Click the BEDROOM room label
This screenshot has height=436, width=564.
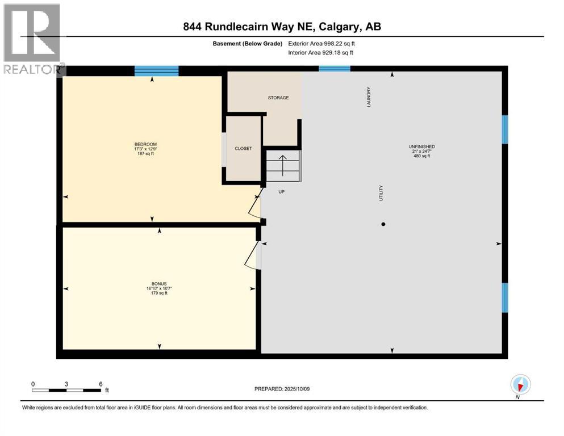pos(142,144)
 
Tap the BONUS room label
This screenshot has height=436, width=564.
pos(159,283)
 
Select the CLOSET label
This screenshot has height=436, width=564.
pos(243,149)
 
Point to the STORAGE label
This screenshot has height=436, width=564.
pos(278,98)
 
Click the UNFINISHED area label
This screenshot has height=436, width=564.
pos(421,147)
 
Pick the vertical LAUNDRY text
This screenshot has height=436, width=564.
pos(369,97)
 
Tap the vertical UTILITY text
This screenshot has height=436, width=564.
pos(381,193)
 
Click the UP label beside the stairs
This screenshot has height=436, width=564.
pos(281,192)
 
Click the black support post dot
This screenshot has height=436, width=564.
pos(383,224)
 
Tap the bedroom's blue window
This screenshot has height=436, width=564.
pos(156,71)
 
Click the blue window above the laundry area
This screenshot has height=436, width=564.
pos(334,69)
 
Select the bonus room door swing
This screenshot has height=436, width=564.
pos(250,256)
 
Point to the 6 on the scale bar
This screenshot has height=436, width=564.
pos(101,384)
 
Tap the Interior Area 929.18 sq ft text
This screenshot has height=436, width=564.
pos(321,53)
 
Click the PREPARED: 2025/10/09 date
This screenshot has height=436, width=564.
pos(282,389)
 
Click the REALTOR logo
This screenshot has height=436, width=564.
pos(32,40)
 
